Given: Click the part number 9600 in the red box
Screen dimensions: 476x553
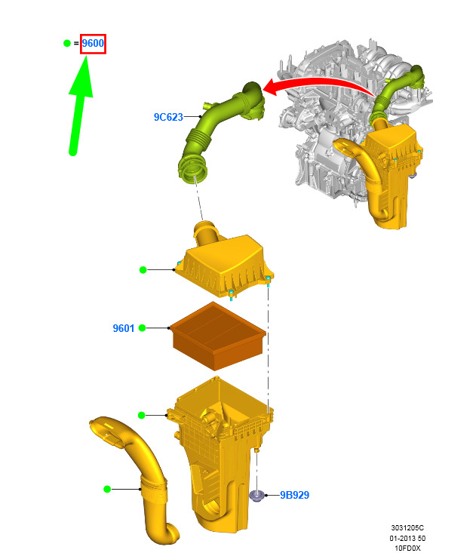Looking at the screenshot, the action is (x=93, y=43).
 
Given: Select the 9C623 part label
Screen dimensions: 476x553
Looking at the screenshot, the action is (x=168, y=117).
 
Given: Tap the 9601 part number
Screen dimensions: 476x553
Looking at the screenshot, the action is (x=124, y=328).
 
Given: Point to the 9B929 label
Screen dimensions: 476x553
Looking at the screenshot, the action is (x=294, y=495).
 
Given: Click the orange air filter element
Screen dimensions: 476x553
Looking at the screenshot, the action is (x=218, y=336).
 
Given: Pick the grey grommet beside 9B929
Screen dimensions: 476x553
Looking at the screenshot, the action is (x=257, y=496).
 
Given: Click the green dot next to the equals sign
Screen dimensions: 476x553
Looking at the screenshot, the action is (x=67, y=43).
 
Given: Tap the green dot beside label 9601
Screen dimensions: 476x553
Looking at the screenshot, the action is (x=142, y=328).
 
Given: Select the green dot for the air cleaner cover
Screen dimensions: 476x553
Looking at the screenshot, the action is (x=143, y=270).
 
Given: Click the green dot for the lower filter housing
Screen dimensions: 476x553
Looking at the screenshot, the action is (x=141, y=416).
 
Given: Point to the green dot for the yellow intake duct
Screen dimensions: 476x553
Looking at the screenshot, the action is (x=107, y=489).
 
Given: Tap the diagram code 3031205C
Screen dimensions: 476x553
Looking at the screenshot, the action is (x=407, y=528).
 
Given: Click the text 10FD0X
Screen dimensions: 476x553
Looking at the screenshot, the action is (x=407, y=548).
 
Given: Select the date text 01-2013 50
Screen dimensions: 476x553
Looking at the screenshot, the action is (x=407, y=538).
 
